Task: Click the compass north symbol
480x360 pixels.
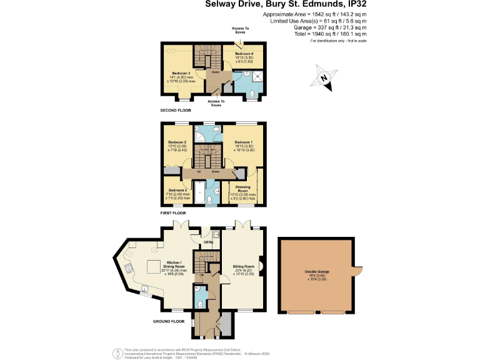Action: click(322, 79)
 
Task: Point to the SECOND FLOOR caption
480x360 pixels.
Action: click(174, 110)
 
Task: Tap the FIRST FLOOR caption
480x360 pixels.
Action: click(172, 213)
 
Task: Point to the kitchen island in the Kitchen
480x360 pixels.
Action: click(153, 267)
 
